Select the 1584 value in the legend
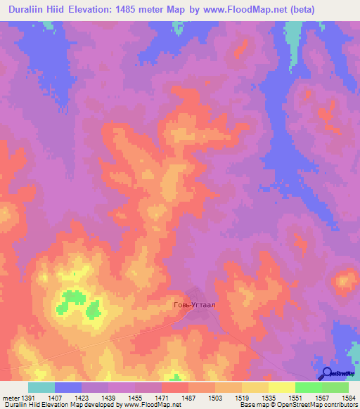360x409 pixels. coord(348,398)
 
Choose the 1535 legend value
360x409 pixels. coord(268,398)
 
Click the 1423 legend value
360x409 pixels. coord(82,398)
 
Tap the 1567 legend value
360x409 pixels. coord(321,398)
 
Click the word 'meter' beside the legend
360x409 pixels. coord(10,398)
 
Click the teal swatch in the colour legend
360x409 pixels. coord(41,387)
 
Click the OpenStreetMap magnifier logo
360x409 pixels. coord(326,374)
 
